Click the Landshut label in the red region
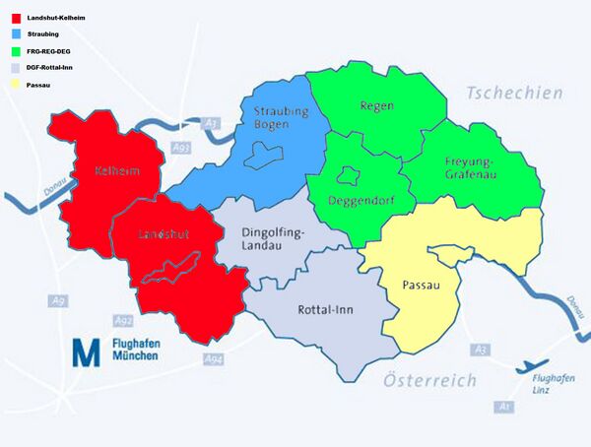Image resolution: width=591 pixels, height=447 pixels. pyautogui.click(x=163, y=234)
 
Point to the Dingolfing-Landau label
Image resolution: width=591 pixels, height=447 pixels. pyautogui.click(x=274, y=239)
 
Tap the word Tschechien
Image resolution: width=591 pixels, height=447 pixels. pyautogui.click(x=515, y=93)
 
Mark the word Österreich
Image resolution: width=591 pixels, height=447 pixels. pyautogui.click(x=429, y=380)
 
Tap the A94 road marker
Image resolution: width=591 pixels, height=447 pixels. pyautogui.click(x=214, y=359)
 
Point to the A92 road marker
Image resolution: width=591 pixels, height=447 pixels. pyautogui.click(x=123, y=321)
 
